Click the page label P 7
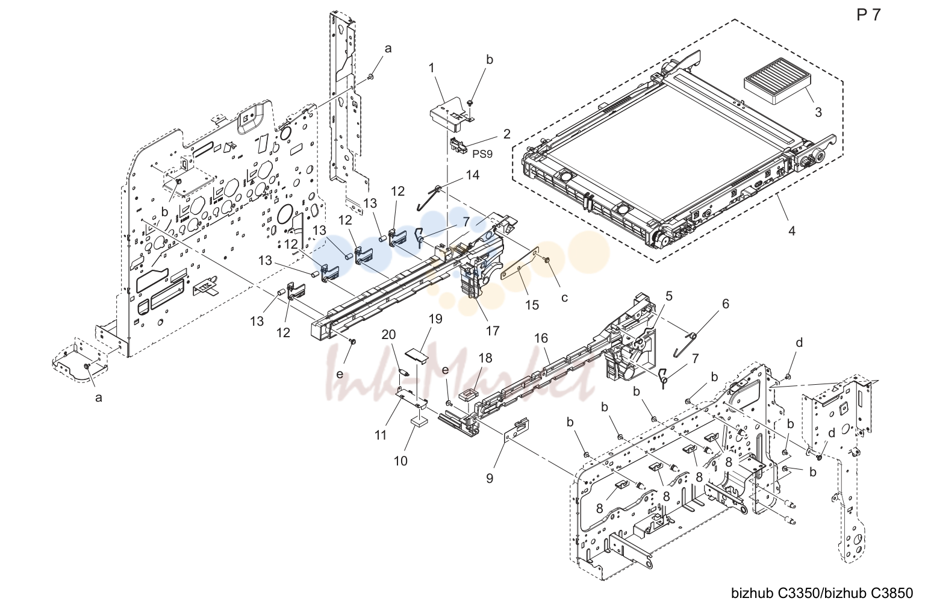pyautogui.click(x=869, y=15)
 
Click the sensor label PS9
pyautogui.click(x=482, y=154)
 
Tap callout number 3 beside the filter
pyautogui.click(x=818, y=113)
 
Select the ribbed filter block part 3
pyautogui.click(x=777, y=86)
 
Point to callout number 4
pyautogui.click(x=792, y=231)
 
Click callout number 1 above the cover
pyautogui.click(x=432, y=67)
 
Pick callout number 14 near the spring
pyautogui.click(x=472, y=175)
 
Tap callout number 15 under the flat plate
pyautogui.click(x=532, y=305)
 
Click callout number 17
pyautogui.click(x=493, y=331)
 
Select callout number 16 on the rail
pyautogui.click(x=541, y=338)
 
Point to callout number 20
pyautogui.click(x=388, y=335)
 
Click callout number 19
pyautogui.click(x=435, y=319)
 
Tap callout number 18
pyautogui.click(x=485, y=358)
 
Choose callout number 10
pyautogui.click(x=400, y=461)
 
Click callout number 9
pyautogui.click(x=490, y=479)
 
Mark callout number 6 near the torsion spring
pyautogui.click(x=726, y=304)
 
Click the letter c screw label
pyautogui.click(x=564, y=297)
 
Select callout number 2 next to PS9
pyautogui.click(x=506, y=134)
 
